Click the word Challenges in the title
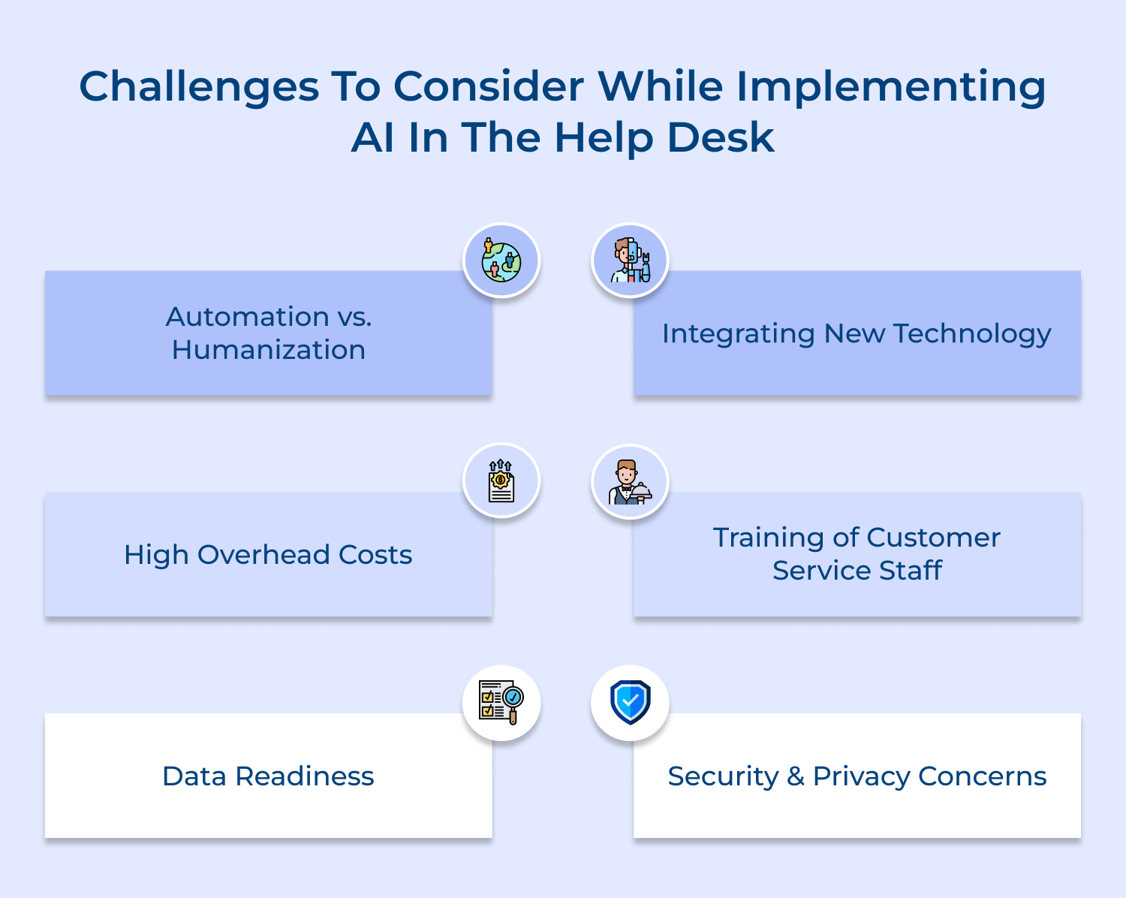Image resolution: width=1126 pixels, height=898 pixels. pos(199,87)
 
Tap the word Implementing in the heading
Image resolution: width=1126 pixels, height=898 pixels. pos(891,87)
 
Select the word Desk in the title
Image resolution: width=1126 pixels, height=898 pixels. pos(721,138)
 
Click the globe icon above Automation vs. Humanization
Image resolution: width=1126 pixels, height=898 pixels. pos(501,261)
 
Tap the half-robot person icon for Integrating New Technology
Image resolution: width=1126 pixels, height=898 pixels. pos(630,261)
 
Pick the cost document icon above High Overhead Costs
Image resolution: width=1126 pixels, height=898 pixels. pos(501,481)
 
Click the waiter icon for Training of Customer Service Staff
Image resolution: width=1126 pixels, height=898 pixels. pos(630,481)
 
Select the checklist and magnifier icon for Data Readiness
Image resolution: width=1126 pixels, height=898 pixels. pos(501,703)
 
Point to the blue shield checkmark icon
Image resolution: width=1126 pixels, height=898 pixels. pos(630,703)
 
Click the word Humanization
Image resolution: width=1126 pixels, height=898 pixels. pos(269,350)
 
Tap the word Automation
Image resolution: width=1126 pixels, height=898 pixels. pos(248,317)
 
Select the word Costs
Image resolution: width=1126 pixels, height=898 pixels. pos(375,555)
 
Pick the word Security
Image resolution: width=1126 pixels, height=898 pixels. pos(723,776)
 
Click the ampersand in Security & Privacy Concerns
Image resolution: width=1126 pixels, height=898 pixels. pos(796,776)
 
